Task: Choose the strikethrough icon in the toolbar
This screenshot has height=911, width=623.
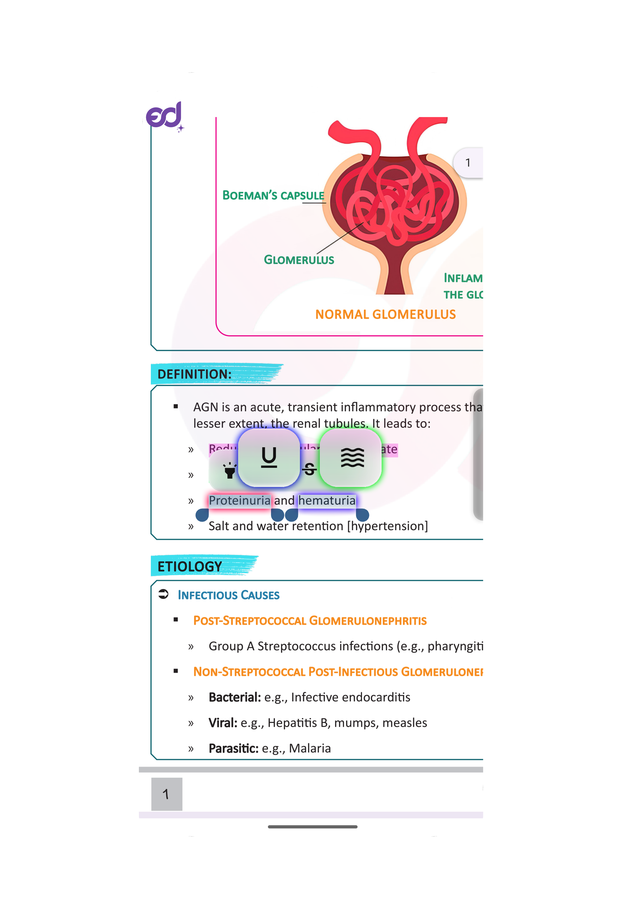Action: pyautogui.click(x=310, y=469)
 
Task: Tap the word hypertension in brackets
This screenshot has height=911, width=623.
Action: pyautogui.click(x=388, y=526)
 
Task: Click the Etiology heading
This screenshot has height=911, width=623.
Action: pyautogui.click(x=190, y=567)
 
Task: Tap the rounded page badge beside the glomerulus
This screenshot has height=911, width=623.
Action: pyautogui.click(x=468, y=163)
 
